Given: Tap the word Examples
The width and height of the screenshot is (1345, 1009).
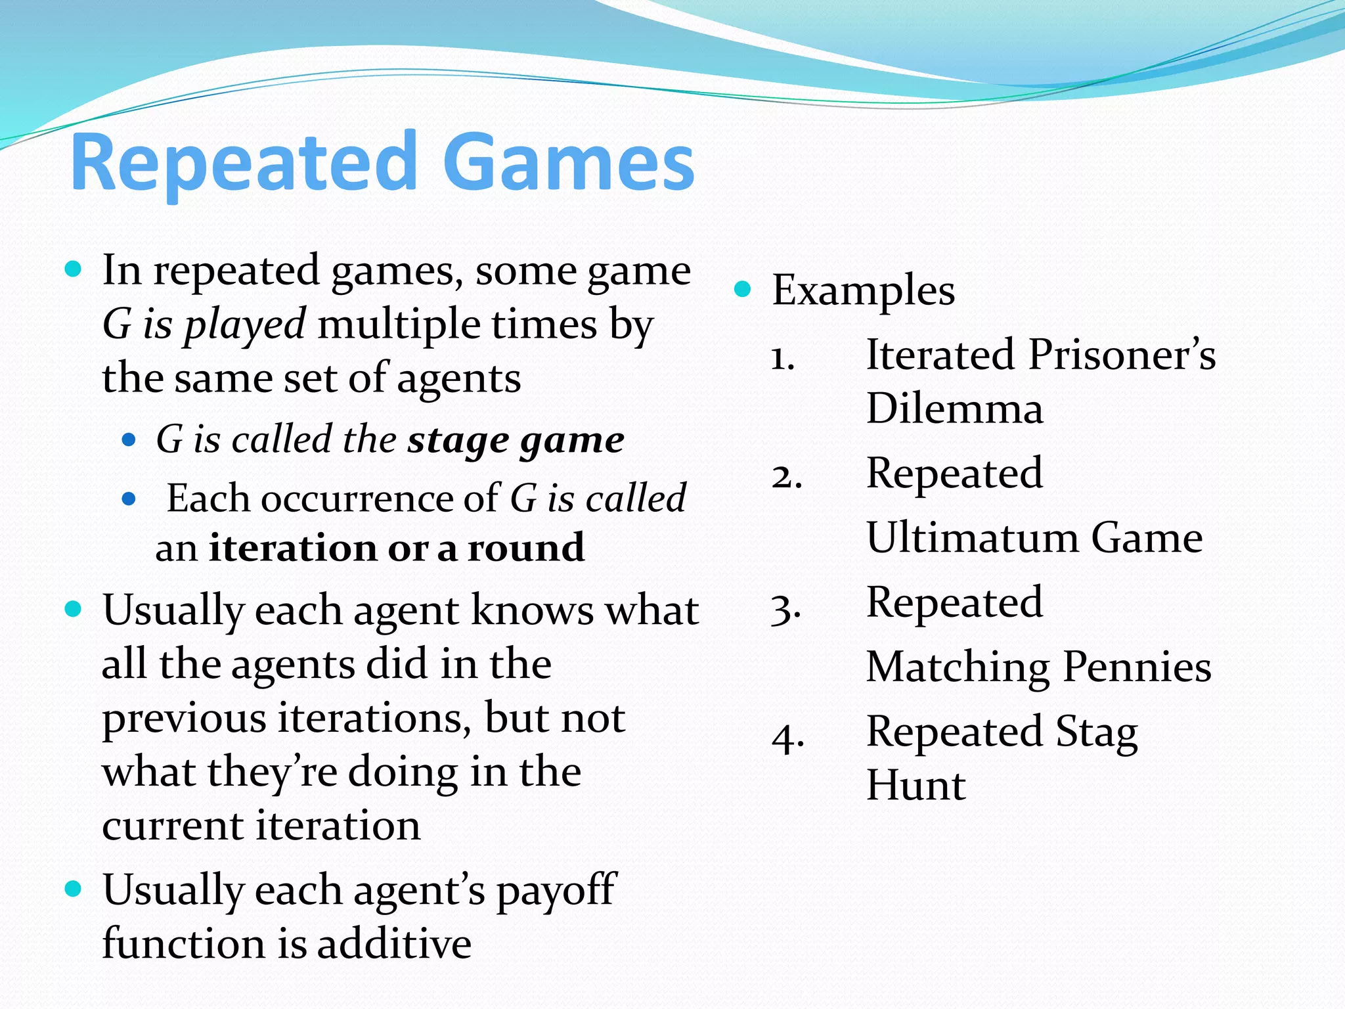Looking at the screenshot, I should point(863,290).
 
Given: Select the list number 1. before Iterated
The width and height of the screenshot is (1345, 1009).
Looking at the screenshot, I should point(783,359).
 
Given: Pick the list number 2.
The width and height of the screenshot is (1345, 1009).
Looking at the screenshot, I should point(786,476).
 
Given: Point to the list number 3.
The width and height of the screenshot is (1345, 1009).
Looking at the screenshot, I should point(786,609).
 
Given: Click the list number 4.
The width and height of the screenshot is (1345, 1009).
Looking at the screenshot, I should point(787,738).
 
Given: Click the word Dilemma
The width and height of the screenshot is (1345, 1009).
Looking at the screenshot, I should point(954,409).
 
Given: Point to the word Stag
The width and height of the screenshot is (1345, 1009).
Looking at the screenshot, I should point(1096,732).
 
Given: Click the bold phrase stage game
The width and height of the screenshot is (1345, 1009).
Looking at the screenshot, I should point(516,439).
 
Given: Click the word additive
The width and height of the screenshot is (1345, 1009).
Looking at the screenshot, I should point(394,943).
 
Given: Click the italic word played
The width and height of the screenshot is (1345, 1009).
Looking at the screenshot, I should point(244,324).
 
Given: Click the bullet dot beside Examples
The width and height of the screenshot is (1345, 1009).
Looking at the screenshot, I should point(742,288).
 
